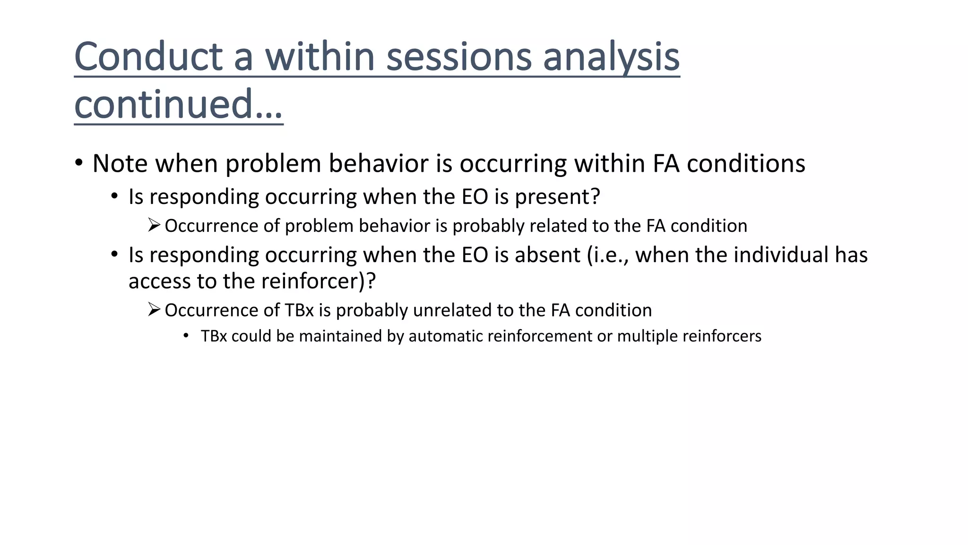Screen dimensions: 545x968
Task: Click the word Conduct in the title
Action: [x=148, y=57]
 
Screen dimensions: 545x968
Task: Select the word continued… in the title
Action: [x=178, y=105]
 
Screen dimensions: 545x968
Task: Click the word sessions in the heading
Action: [x=459, y=57]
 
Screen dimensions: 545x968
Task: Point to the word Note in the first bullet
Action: [x=120, y=164]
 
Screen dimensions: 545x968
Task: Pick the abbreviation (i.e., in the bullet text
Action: [x=608, y=255]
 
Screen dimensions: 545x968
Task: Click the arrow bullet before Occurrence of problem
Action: [x=154, y=225]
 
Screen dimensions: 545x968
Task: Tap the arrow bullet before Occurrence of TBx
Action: [x=154, y=310]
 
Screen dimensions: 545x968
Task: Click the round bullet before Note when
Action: [x=79, y=163]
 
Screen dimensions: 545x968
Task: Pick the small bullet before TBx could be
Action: [x=186, y=336]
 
